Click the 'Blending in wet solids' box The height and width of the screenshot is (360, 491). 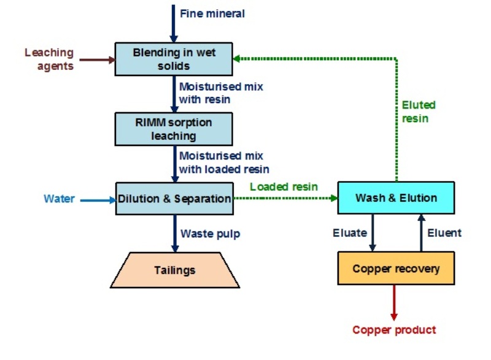[174, 59]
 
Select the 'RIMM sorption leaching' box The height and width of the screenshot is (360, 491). [174, 129]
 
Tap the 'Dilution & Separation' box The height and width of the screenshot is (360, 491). [174, 199]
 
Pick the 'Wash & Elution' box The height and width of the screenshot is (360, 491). [396, 197]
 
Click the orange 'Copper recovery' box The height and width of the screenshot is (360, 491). [396, 269]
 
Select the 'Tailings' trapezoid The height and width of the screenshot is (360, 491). [175, 270]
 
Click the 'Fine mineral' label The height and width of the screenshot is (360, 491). [212, 13]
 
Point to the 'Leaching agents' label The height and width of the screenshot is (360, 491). [49, 59]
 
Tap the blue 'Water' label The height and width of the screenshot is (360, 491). [59, 199]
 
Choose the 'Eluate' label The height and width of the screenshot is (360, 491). [350, 232]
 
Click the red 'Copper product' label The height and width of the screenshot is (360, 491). [394, 330]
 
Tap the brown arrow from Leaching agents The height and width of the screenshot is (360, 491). [95, 60]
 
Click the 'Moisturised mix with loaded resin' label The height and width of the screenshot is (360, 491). [224, 163]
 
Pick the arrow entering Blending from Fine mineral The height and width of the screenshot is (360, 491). [174, 23]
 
